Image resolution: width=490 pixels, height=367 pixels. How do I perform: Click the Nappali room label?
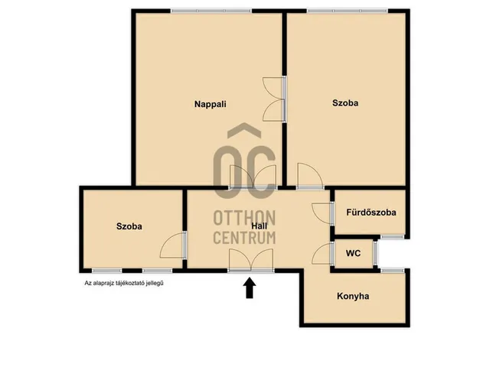(210, 104)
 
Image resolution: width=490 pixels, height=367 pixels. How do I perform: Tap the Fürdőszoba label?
(371, 213)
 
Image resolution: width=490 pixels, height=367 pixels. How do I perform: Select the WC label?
(353, 253)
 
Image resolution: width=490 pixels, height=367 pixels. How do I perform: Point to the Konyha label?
(353, 296)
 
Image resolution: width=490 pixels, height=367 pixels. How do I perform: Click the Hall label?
(260, 226)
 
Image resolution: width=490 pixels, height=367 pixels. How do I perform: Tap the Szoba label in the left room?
(129, 226)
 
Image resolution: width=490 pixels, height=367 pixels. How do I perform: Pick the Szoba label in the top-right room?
(345, 103)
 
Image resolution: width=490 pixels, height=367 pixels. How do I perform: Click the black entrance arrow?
(250, 288)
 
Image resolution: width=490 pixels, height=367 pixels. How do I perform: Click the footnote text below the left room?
(124, 284)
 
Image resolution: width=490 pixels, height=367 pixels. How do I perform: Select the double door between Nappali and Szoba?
(274, 99)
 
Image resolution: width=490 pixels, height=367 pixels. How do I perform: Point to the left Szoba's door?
(173, 245)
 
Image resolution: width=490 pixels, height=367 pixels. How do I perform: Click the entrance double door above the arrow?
(250, 261)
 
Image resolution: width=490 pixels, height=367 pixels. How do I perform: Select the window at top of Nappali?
(211, 11)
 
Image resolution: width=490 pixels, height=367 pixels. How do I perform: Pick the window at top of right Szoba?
(347, 11)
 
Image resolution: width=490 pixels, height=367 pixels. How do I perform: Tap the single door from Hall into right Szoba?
(310, 176)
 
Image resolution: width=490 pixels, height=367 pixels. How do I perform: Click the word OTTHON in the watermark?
(244, 218)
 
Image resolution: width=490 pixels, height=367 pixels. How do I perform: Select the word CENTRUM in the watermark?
(244, 238)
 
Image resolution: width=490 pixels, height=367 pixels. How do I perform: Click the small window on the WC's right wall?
(375, 253)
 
